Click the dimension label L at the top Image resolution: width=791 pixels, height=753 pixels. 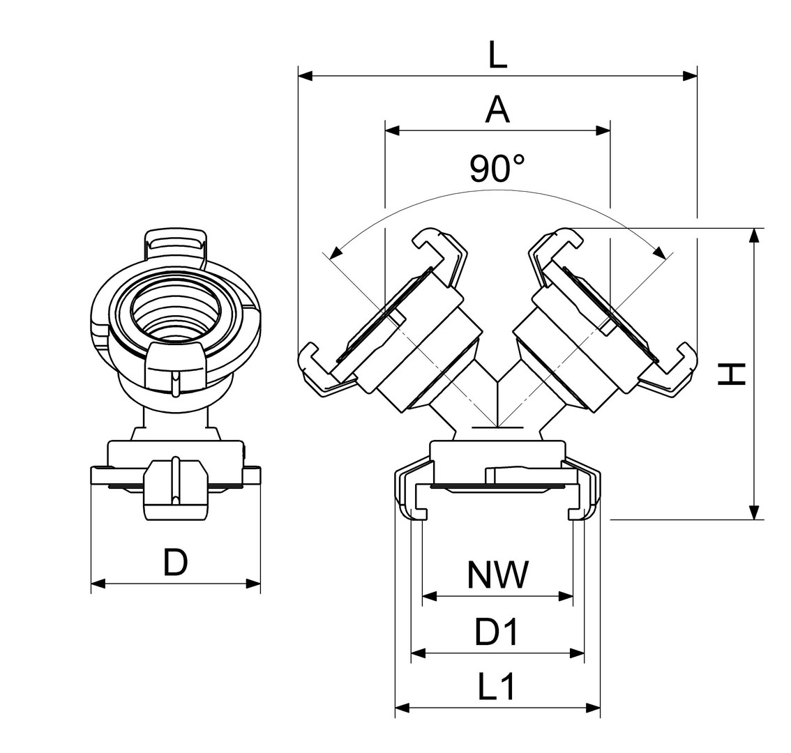497,54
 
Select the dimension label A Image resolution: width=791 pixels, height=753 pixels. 497,110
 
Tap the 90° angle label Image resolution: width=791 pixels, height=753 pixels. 497,168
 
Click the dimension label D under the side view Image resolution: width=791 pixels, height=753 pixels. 176,562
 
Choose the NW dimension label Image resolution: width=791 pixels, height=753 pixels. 498,576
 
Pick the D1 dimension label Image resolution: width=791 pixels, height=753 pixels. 497,632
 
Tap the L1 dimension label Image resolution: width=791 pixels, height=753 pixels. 497,688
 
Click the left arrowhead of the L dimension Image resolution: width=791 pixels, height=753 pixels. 305,75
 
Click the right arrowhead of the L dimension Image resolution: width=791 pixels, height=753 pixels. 691,75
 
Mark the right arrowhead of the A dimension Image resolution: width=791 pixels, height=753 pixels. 603,130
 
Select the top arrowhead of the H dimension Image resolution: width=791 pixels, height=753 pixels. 754,235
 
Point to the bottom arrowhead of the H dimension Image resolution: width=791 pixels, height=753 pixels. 754,512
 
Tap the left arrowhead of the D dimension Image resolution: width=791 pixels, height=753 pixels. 98,584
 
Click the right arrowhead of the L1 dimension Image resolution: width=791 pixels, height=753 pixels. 594,708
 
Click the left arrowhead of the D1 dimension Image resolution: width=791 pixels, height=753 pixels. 418,653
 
